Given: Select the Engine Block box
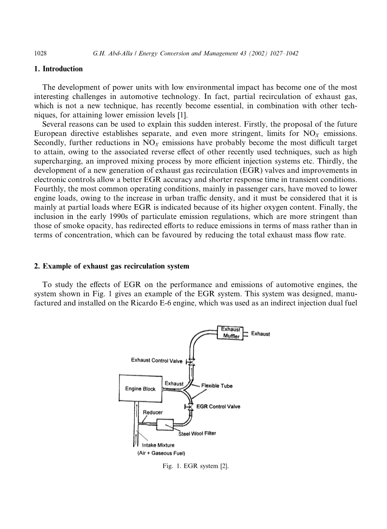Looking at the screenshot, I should coord(140,389).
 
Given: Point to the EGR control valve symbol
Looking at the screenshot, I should coord(188,407).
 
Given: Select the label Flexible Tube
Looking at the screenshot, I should coord(217,386).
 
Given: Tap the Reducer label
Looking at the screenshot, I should coord(153,412).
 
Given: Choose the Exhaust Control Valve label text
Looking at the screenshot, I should coord(156,360).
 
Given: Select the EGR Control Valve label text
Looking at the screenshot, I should coord(218,406).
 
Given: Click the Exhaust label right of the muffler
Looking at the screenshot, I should coord(261,334).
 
